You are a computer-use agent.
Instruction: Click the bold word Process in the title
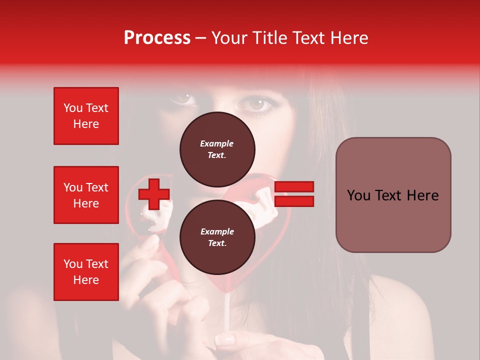coord(157,38)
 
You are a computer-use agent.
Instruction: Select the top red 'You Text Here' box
coord(86,116)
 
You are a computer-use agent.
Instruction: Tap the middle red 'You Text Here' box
coord(86,195)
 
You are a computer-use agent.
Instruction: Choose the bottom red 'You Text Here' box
coord(86,272)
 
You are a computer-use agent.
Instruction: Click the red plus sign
coord(154,194)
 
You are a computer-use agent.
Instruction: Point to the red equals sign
coord(294,194)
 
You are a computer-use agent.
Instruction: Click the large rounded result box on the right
coord(393,195)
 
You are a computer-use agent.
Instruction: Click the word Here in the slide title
coord(349,38)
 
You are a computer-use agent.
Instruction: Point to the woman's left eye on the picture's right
coord(258,103)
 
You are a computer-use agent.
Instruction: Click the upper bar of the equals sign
coord(294,187)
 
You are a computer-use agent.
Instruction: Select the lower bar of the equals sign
coord(294,201)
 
